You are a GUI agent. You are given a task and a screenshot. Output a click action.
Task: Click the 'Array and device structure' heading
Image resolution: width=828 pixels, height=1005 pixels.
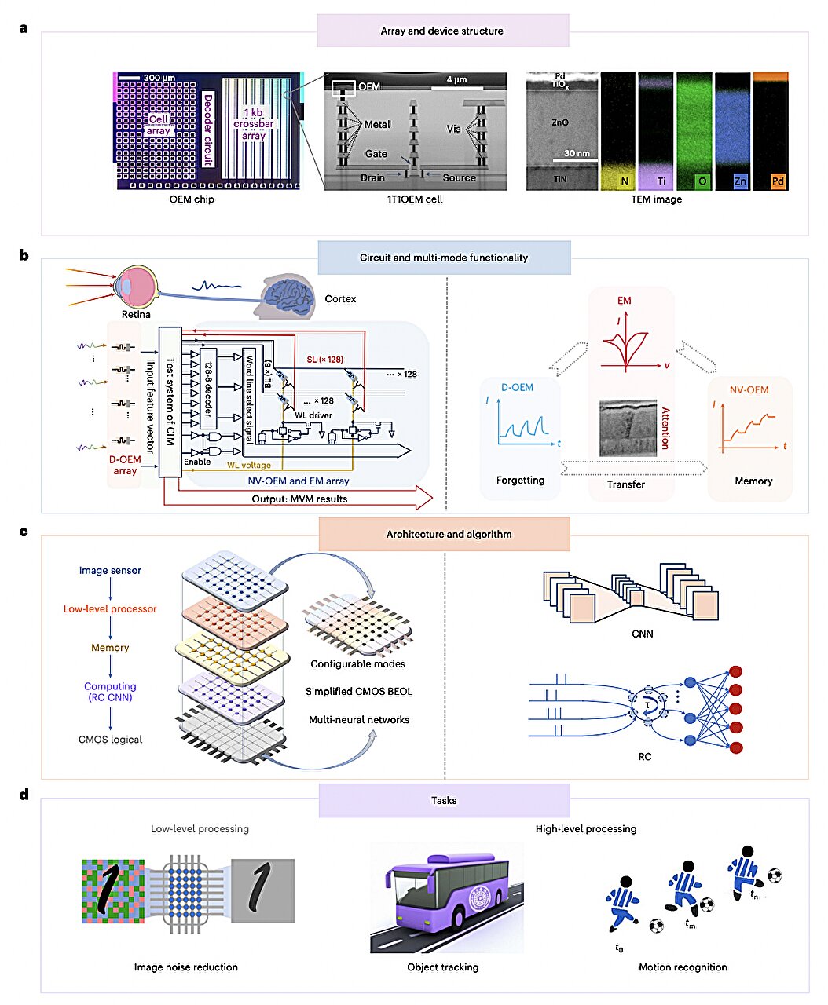(442, 31)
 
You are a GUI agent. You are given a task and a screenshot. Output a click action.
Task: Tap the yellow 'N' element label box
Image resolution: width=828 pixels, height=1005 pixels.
(625, 181)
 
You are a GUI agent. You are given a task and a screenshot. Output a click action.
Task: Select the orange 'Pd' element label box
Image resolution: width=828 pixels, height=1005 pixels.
(777, 181)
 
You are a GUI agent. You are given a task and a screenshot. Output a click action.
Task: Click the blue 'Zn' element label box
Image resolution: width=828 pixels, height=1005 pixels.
(739, 181)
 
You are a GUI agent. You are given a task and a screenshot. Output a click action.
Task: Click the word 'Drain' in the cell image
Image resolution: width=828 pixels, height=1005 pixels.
(372, 177)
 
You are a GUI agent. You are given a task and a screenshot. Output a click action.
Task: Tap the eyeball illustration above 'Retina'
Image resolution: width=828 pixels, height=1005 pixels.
(136, 285)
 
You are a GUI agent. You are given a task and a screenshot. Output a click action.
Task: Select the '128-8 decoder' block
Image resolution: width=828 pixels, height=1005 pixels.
(208, 388)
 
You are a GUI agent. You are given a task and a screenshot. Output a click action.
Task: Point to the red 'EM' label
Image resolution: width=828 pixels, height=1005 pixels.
(624, 300)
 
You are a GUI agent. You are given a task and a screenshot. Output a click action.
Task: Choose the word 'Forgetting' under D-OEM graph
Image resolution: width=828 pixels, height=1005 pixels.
(520, 480)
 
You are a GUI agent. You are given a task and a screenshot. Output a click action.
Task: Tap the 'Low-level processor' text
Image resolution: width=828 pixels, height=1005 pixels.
(110, 608)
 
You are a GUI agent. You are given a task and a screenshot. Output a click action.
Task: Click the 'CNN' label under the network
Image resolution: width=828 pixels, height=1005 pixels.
(642, 634)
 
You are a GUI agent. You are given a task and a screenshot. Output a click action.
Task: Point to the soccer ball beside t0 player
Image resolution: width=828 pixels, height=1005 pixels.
(655, 926)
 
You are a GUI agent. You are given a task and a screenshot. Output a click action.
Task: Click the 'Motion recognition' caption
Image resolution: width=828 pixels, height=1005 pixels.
(682, 967)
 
